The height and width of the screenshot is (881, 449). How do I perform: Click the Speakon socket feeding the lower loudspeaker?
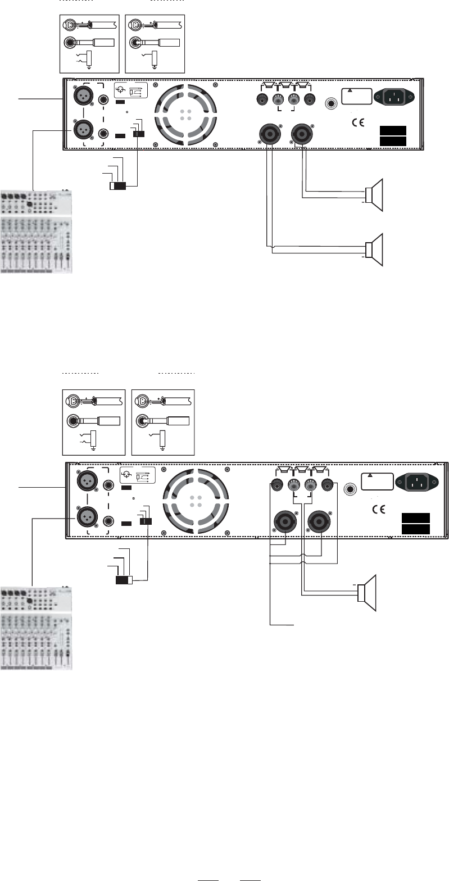[267, 134]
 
